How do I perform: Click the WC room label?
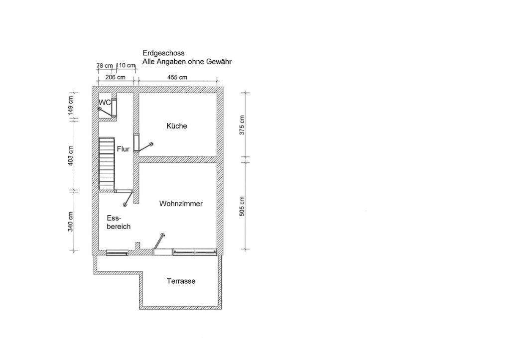tap(105, 103)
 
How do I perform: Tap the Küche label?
tap(177, 126)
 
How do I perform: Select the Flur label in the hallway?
tap(124, 149)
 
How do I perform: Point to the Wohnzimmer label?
tap(181, 204)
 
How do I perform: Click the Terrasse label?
tap(181, 281)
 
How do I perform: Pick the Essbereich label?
tap(119, 222)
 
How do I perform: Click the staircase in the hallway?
tap(107, 163)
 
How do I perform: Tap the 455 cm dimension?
tap(177, 77)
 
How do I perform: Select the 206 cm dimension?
tap(115, 77)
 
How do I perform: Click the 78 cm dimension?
tap(105, 66)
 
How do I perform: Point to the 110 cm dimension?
tap(126, 65)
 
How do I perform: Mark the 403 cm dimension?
tap(71, 155)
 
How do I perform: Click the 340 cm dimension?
tap(71, 222)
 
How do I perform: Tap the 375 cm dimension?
tap(242, 125)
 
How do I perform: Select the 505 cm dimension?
tap(242, 207)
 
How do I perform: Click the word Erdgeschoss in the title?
tap(163, 53)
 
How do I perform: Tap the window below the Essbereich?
tap(117, 252)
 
